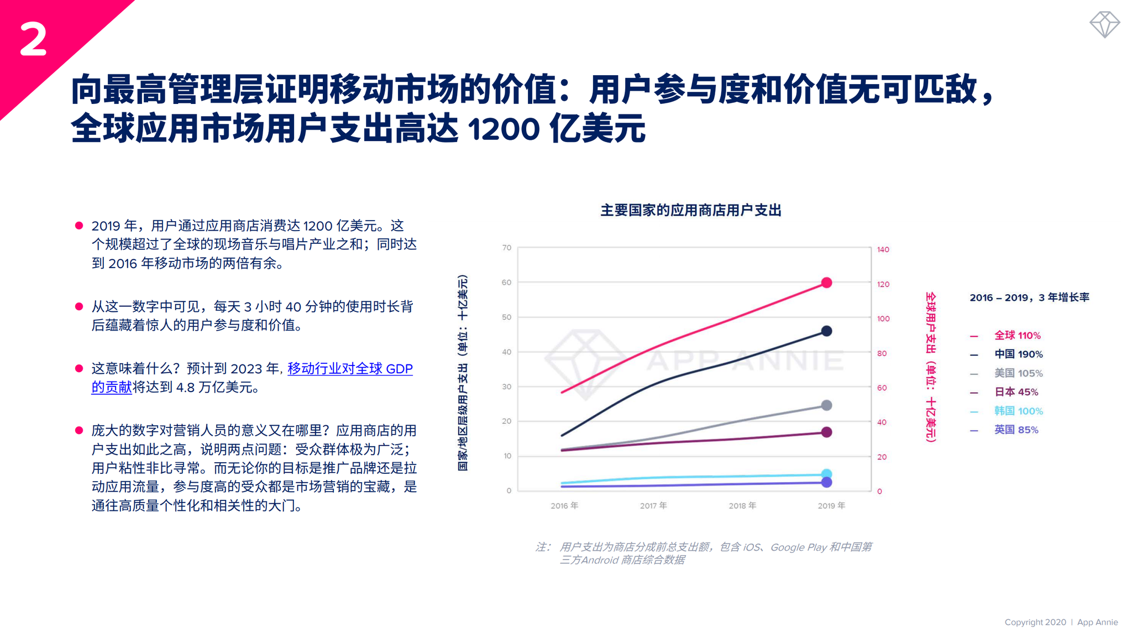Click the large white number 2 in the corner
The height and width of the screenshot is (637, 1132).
pos(33,39)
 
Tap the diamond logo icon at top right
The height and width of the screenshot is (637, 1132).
pos(1104,24)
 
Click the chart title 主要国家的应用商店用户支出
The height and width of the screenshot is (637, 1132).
pos(690,210)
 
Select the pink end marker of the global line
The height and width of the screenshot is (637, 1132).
pos(826,283)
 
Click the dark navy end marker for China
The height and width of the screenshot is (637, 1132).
pos(826,331)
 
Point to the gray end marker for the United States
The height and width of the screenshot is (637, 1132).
pos(826,405)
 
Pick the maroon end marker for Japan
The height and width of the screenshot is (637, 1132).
pos(826,432)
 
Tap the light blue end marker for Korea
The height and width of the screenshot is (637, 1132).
pos(826,474)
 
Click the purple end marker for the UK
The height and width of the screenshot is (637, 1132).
pos(826,483)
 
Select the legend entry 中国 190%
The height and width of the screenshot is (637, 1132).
pos(1018,354)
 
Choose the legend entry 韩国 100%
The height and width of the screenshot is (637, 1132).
pos(1018,411)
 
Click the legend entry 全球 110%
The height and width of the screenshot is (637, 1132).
pos(1016,335)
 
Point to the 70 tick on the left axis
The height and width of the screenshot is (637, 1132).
pos(506,248)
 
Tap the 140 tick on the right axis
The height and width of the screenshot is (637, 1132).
pos(883,249)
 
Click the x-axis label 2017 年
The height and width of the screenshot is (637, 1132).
pos(653,505)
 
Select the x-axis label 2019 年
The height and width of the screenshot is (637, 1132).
pos(831,505)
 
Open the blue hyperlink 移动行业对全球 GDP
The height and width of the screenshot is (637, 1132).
pos(349,368)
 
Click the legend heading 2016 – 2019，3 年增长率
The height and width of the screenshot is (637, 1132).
pos(1029,297)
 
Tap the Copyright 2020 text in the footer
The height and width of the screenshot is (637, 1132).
pos(1035,622)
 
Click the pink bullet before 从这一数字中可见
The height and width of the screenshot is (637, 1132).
pos(79,306)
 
